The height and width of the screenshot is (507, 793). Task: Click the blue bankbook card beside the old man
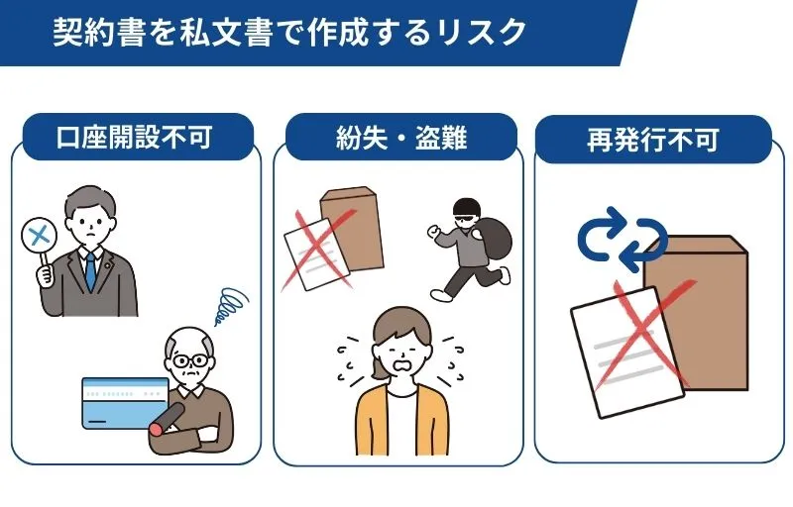pos(124,401)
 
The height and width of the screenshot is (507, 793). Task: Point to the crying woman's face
pos(398,348)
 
